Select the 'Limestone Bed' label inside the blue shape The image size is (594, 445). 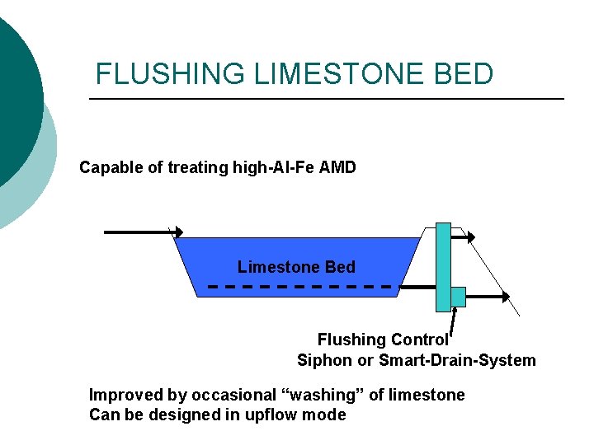point(296,267)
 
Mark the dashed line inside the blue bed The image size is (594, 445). point(300,287)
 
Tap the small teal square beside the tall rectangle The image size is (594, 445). point(459,296)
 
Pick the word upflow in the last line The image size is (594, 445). point(271,415)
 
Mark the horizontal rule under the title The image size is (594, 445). point(326,99)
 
